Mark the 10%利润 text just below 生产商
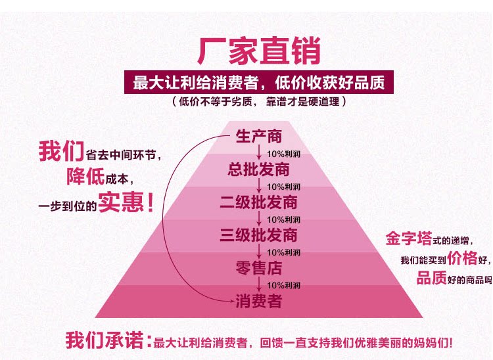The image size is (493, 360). [x=283, y=154]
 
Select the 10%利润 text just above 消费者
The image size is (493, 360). [x=283, y=285]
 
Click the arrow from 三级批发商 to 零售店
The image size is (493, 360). [x=260, y=252]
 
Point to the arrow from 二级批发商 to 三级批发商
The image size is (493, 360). [x=260, y=219]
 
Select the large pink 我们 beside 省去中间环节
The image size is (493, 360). [x=61, y=152]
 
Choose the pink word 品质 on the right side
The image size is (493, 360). [x=432, y=278]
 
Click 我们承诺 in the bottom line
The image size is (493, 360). [x=106, y=341]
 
